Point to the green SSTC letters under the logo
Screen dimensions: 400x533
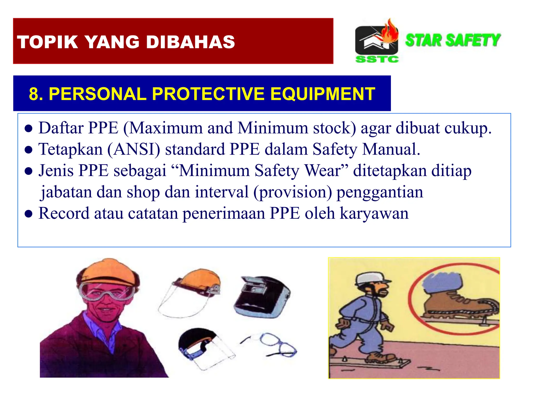pos(377,59)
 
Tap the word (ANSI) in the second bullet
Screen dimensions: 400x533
pos(134,149)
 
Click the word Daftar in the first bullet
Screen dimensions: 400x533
pos(61,128)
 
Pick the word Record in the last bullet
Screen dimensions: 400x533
pos(64,213)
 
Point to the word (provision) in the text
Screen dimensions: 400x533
pos(293,192)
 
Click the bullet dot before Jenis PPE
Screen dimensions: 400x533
pos(28,171)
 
